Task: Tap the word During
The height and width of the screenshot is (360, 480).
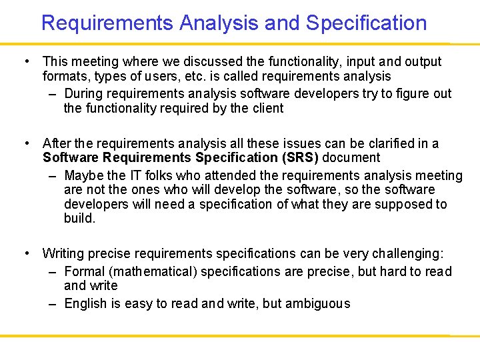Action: tap(85, 93)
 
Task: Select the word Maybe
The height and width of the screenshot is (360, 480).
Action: tap(85, 175)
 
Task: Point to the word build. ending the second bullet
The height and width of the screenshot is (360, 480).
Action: tap(79, 219)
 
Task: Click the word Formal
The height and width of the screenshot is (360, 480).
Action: tap(85, 271)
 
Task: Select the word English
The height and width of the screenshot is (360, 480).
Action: tap(85, 303)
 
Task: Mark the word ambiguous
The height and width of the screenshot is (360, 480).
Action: tap(317, 303)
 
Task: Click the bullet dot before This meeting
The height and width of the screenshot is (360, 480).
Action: tap(25, 61)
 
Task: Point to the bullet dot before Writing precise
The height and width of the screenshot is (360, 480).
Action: tap(25, 253)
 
